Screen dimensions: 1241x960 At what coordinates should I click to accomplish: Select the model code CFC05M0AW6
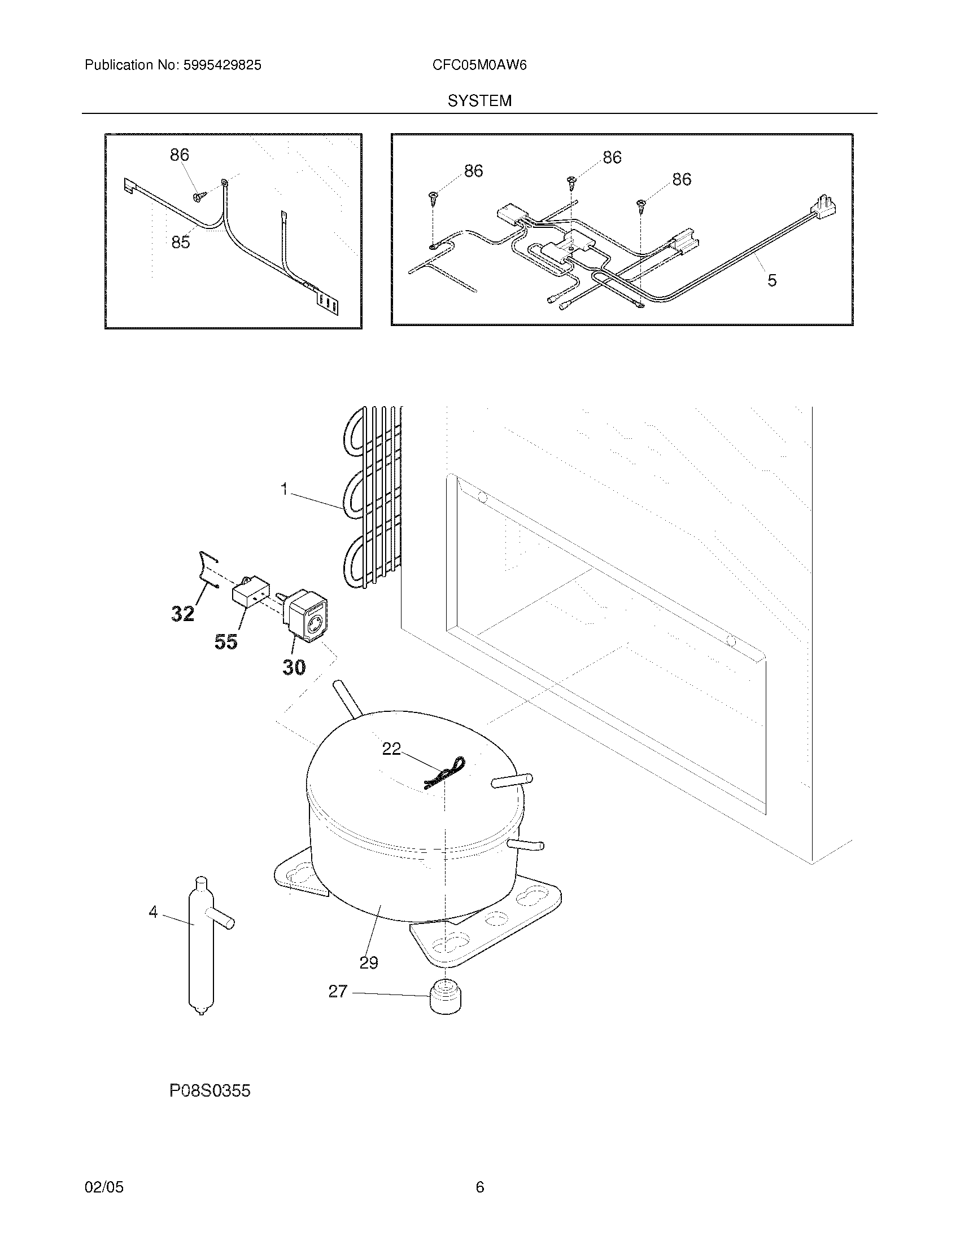point(479,65)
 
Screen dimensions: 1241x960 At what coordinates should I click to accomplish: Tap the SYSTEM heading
point(479,101)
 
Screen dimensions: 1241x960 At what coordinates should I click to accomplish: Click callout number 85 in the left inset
point(180,243)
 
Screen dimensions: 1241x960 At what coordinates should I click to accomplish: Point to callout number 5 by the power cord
point(772,280)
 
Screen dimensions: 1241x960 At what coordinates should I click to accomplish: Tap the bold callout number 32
point(182,614)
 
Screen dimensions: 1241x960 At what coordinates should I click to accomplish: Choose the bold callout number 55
point(226,642)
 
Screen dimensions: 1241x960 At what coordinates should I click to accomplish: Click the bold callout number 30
point(294,667)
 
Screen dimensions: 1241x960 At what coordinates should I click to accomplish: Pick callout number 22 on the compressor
point(391,749)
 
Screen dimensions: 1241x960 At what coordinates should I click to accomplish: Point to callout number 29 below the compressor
point(369,962)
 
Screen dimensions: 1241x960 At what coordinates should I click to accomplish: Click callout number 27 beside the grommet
point(338,991)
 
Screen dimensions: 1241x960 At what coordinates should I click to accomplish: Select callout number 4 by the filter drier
point(153,912)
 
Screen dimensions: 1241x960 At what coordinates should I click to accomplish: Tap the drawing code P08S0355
point(210,1091)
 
